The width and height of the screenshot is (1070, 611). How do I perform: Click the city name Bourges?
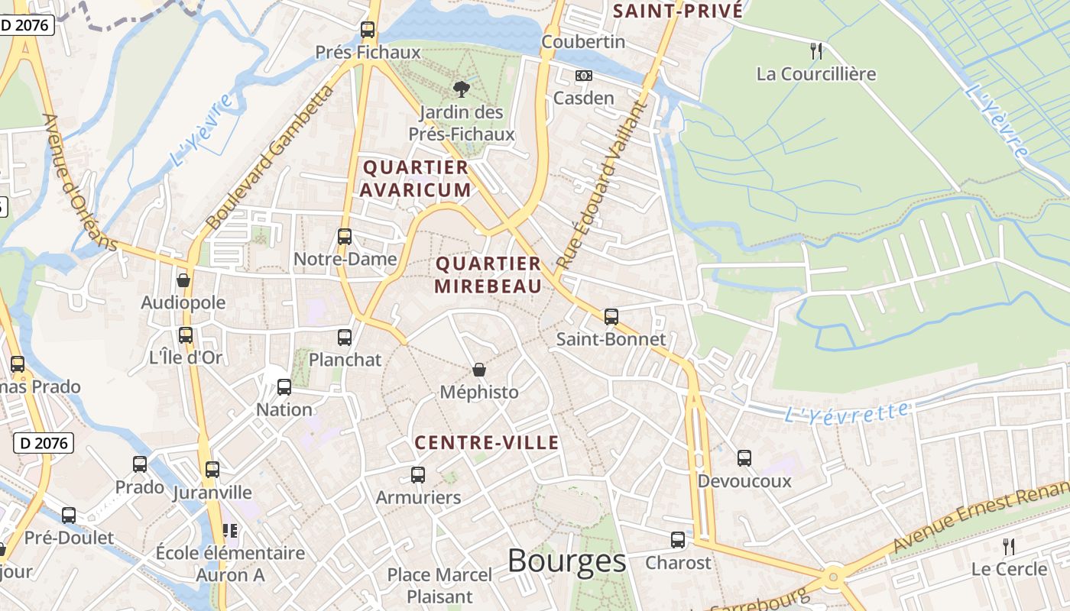click(x=566, y=561)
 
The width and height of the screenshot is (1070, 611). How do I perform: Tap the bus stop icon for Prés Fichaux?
click(x=368, y=30)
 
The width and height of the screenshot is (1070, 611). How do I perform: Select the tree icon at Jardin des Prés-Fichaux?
click(x=461, y=89)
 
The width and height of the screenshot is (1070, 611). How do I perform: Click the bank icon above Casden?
click(x=584, y=76)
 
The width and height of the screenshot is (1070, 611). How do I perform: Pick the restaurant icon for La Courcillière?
click(x=816, y=51)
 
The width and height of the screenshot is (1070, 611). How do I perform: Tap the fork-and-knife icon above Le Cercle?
click(x=1009, y=546)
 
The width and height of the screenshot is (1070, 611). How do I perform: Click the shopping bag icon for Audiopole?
click(x=183, y=280)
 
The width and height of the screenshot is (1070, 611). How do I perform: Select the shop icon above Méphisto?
click(x=479, y=370)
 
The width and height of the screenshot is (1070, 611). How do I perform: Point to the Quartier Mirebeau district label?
click(x=488, y=275)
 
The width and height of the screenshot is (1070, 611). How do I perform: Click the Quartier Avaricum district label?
click(x=416, y=179)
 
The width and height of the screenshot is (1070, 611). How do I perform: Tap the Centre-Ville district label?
click(x=487, y=443)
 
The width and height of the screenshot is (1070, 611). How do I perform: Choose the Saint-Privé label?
click(x=678, y=11)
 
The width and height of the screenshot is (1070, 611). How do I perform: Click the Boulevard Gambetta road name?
click(x=271, y=157)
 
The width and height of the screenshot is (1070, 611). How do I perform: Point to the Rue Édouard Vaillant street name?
click(x=601, y=185)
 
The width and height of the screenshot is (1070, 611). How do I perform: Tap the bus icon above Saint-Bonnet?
click(x=611, y=316)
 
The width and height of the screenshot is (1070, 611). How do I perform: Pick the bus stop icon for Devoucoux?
click(x=744, y=458)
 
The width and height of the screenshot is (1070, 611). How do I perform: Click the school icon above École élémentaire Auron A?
click(x=230, y=530)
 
